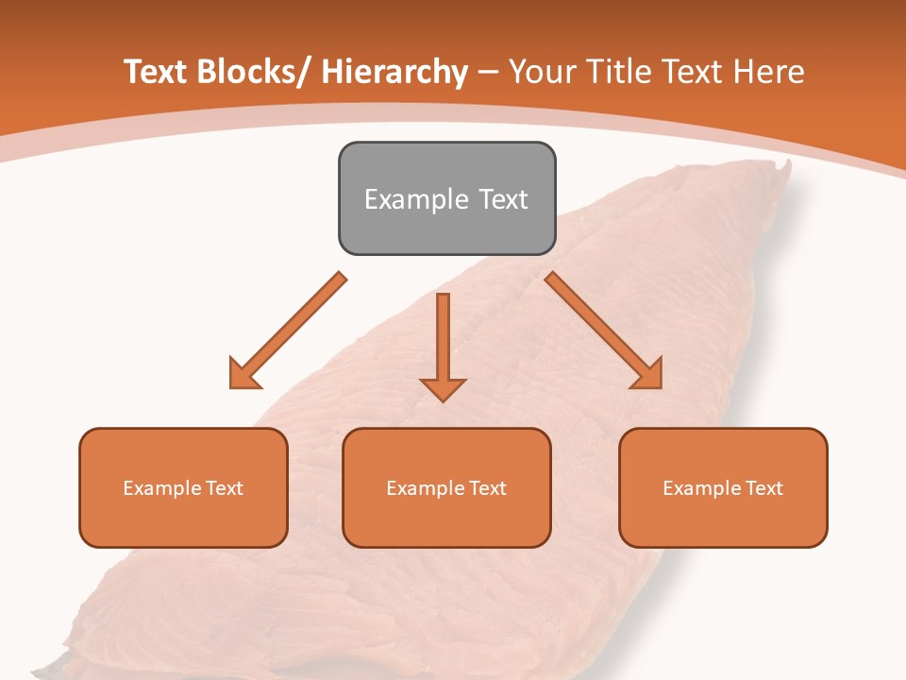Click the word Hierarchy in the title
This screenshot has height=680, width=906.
click(394, 72)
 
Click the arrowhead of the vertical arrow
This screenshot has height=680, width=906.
click(443, 389)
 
